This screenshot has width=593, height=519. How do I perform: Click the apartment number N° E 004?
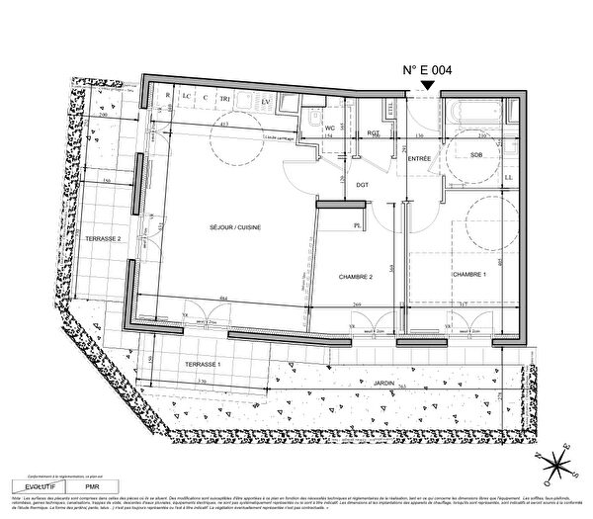pos(426,70)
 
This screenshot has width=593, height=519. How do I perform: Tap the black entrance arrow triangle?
pos(426,87)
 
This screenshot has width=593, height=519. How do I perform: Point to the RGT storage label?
pos(374,133)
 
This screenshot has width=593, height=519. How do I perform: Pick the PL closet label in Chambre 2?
pos(356,226)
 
